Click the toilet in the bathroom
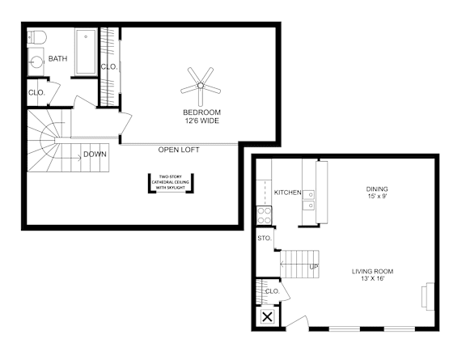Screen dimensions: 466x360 pos(37,38)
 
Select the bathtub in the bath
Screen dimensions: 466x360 pos(86,52)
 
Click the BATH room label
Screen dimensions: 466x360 pos(57,58)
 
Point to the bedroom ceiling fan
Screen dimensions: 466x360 pos(201,86)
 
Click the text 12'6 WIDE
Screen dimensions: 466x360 pos(201,121)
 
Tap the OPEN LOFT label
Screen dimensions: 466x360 pos(179,150)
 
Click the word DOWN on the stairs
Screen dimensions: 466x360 pos(95,155)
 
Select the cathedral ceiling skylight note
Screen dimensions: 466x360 pos(171,182)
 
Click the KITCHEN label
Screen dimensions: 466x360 pos(287,193)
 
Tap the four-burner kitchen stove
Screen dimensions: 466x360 pos(265,215)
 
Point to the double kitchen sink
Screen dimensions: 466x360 pos(309,200)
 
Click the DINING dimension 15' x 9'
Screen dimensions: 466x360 pos(377,197)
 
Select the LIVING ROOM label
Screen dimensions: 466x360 pos(372,271)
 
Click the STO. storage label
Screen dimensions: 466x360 pos(265,238)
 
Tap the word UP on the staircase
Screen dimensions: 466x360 pos(314,267)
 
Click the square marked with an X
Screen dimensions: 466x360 pos(268,317)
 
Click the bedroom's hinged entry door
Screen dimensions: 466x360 pos(125,123)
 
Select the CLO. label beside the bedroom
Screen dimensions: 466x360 pos(109,67)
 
